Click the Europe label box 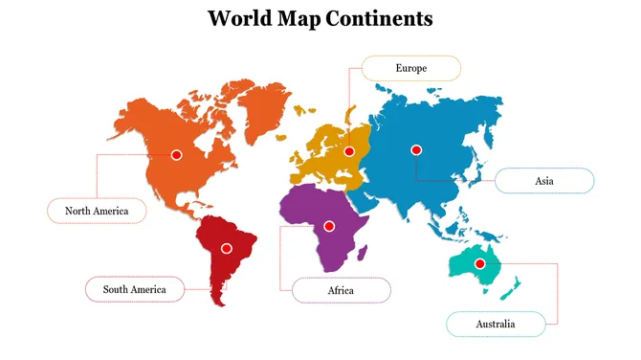point(411,68)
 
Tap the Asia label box point(544,181)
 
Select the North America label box point(97,211)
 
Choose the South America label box point(135,289)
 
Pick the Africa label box point(341,290)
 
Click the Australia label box point(496,325)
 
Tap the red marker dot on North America point(176,154)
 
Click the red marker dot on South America point(227,248)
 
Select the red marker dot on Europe point(349,151)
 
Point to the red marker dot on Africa point(329,226)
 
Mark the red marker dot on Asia point(416,149)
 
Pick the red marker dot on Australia point(480,263)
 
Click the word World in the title point(236,18)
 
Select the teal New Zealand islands point(514,286)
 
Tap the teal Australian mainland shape point(474,269)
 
